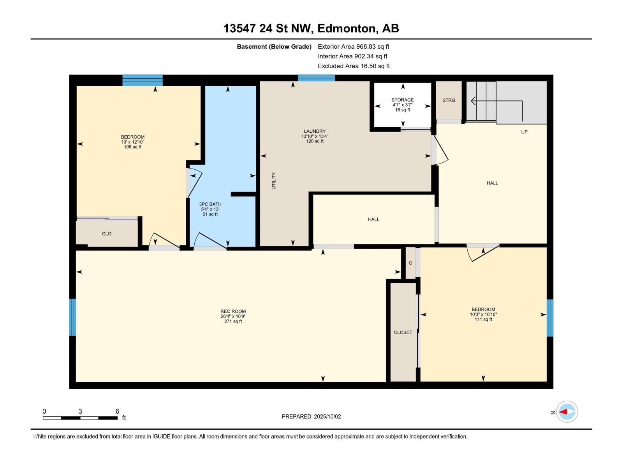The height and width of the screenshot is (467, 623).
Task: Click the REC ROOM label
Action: point(233,311)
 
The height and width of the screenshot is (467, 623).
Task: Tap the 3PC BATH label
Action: point(210,204)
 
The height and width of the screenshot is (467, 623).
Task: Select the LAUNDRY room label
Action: point(315,131)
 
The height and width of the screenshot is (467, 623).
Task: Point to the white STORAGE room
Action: point(403,105)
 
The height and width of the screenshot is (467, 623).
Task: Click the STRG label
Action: point(449,100)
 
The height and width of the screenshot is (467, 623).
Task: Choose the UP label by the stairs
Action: point(524,132)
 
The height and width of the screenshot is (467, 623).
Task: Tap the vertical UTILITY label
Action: point(274,181)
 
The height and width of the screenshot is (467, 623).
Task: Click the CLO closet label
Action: point(106,233)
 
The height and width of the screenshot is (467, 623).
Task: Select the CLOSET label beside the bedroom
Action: point(403,332)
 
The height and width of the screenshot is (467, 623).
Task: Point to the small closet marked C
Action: point(410,263)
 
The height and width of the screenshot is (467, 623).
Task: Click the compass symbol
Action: point(567,412)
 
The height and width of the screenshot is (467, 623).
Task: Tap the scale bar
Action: point(80,418)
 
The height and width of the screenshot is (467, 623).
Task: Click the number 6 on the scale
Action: point(117,411)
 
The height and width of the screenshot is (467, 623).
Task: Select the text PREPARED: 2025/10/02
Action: point(311,416)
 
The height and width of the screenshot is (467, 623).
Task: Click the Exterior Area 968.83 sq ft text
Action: point(354,46)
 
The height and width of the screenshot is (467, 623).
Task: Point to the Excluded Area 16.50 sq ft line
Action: point(354,66)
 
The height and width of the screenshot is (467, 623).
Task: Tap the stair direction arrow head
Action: point(473,101)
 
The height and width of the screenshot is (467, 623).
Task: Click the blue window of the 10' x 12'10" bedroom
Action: point(143,80)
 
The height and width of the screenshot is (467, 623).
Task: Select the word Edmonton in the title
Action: point(348,29)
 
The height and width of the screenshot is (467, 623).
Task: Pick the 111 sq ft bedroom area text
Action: point(483,320)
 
